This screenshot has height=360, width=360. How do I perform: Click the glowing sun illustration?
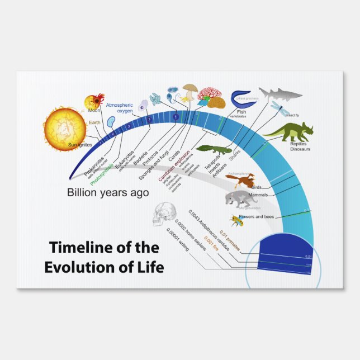coord(63,128)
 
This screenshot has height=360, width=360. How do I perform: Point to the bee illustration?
coord(236,220)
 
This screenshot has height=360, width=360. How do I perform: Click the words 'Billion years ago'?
coord(108,193)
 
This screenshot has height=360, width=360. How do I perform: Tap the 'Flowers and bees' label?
coord(257,216)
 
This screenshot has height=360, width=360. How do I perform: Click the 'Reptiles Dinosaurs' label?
coord(300,147)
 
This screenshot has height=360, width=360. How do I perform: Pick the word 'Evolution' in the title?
coord(75,267)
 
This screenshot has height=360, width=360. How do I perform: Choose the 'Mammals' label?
coord(258,195)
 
